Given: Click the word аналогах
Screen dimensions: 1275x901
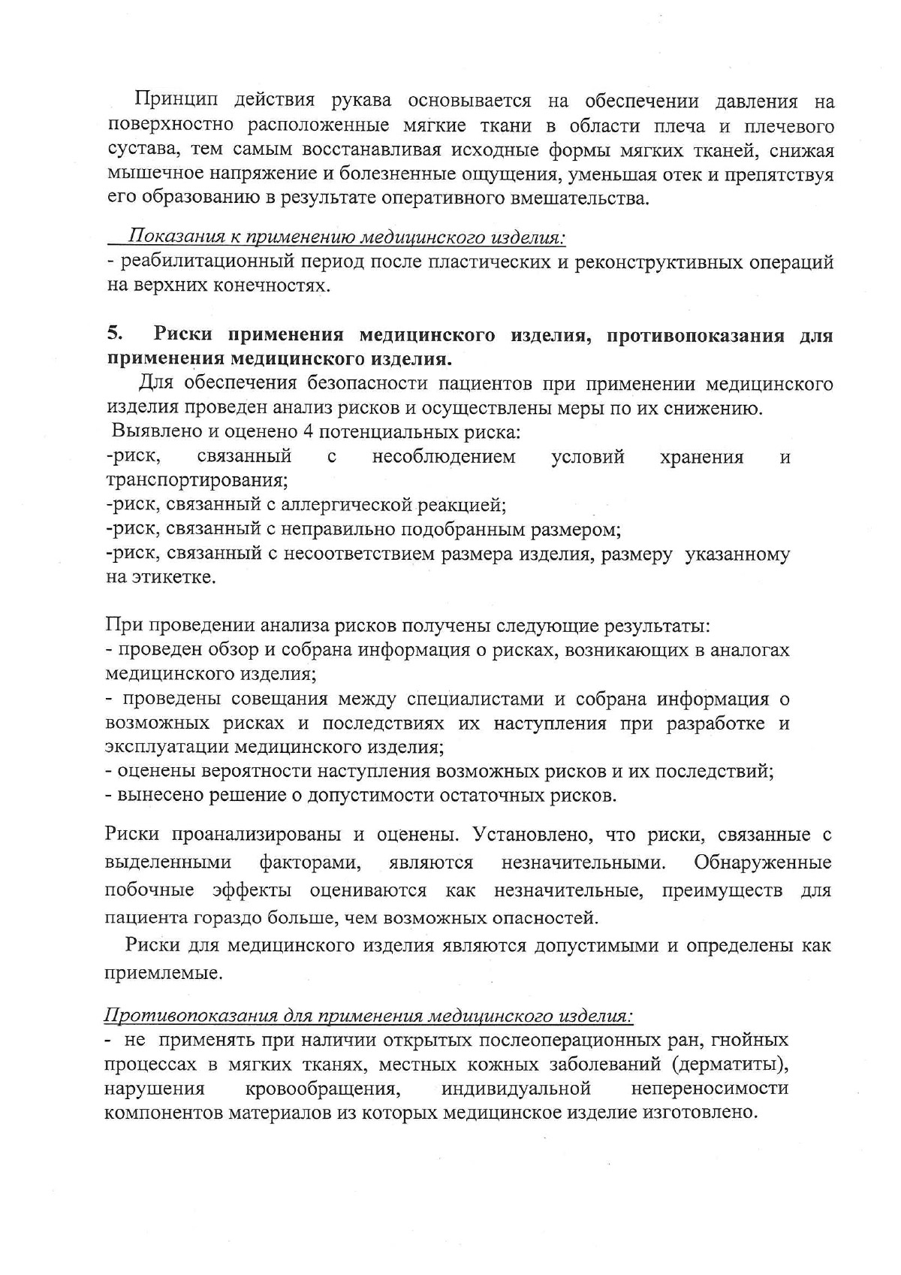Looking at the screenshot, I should click(x=752, y=650).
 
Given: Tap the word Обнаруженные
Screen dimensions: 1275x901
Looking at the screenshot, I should click(x=763, y=862).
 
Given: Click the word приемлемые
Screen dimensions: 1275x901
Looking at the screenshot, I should click(x=163, y=973).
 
